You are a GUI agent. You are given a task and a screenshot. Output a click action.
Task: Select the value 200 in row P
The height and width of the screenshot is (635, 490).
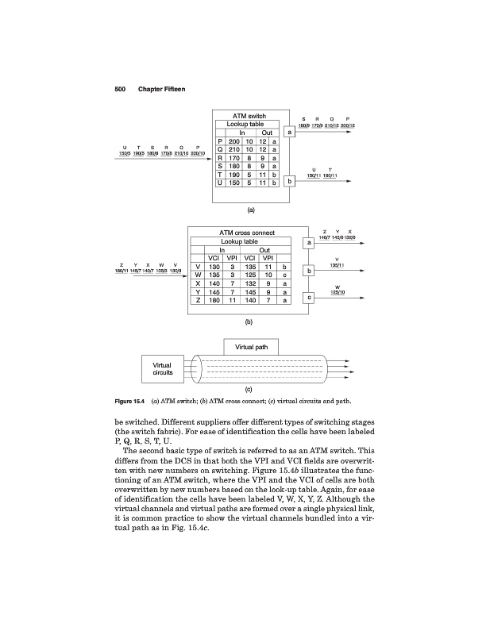point(234,140)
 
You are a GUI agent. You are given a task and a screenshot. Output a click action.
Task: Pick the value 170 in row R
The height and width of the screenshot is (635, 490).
point(234,157)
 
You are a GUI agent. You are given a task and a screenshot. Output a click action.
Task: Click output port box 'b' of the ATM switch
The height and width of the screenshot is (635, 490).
point(291,182)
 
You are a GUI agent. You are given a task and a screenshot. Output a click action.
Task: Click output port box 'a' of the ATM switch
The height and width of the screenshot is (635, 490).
point(291,133)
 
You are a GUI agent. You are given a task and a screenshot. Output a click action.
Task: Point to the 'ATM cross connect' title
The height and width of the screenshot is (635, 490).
point(246,232)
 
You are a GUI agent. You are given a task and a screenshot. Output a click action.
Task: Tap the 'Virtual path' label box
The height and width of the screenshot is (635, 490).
point(249,346)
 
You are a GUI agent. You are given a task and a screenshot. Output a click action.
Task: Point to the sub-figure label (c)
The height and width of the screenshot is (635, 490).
point(249,391)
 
